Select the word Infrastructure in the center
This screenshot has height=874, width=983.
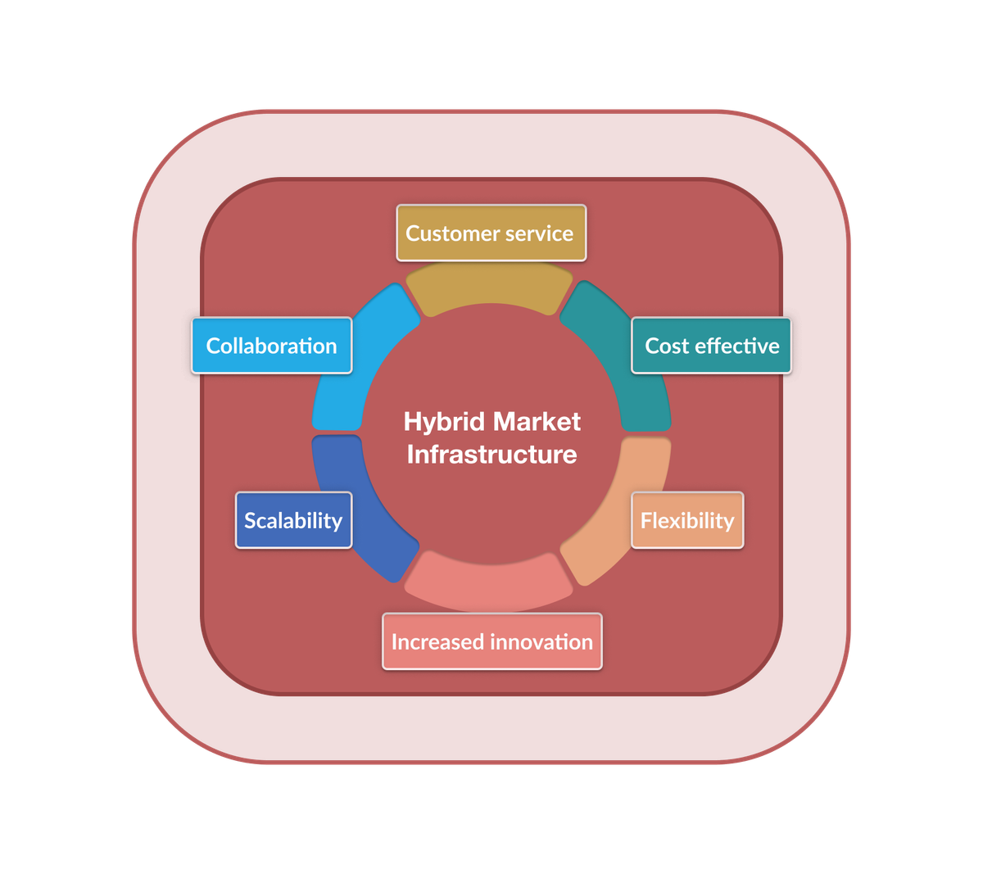coord(491,455)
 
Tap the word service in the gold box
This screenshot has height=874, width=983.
coord(538,233)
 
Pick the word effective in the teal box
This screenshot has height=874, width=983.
coord(736,346)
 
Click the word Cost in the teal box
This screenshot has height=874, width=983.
coord(666,346)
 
